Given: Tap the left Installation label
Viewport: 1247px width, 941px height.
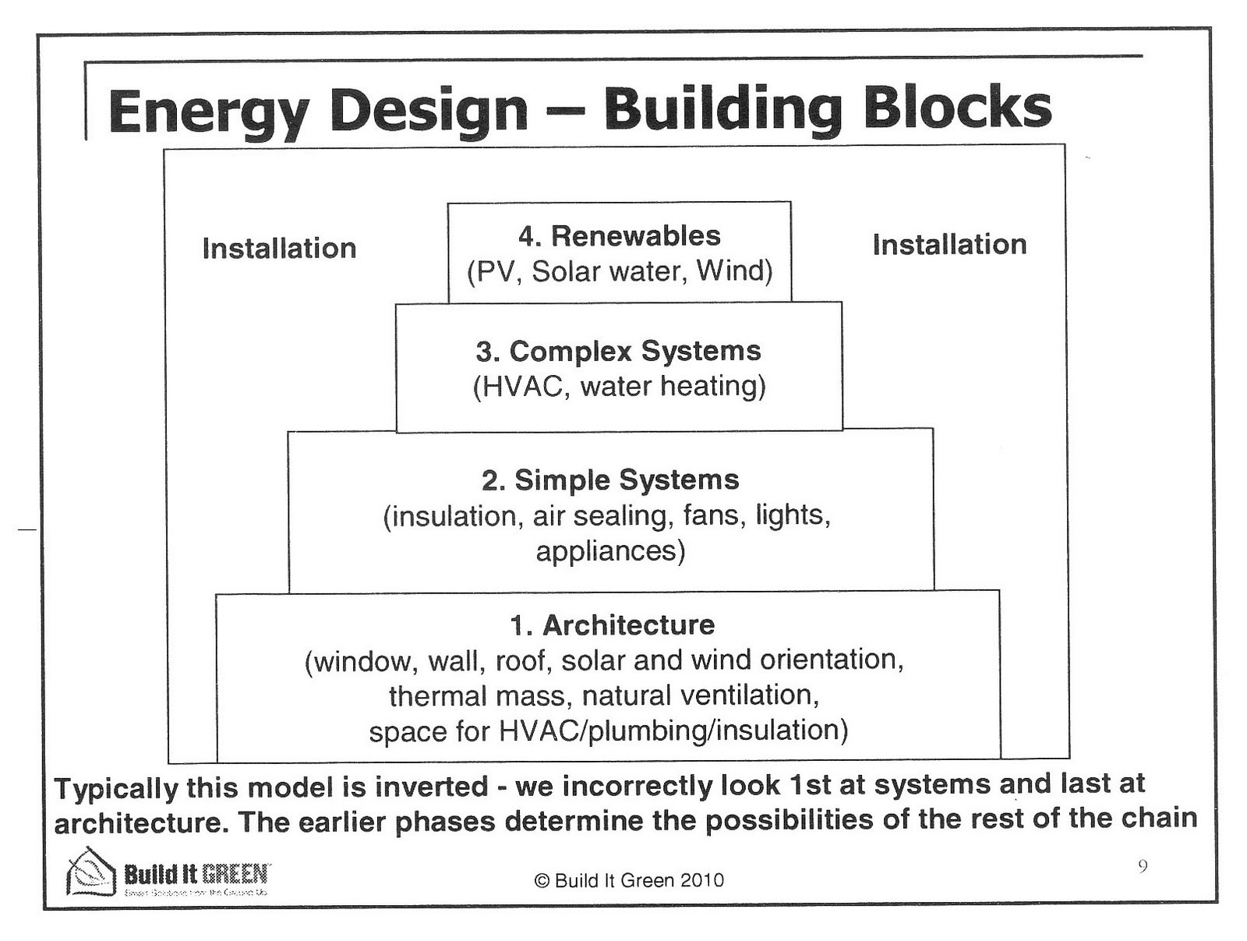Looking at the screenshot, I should [x=279, y=248].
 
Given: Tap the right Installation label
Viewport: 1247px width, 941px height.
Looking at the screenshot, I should [x=949, y=244].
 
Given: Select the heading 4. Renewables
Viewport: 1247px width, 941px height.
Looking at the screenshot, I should [x=620, y=235].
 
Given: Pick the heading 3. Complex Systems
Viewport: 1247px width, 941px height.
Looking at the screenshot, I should [x=619, y=351].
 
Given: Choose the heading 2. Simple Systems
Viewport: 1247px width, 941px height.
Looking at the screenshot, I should [x=610, y=479].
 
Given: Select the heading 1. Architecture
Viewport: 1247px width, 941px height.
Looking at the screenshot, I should [x=612, y=624].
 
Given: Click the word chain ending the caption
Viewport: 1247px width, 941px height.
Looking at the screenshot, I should [x=1159, y=818].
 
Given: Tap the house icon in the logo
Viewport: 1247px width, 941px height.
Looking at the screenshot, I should [x=92, y=872].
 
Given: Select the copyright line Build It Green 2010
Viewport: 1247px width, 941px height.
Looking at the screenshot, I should [x=629, y=880].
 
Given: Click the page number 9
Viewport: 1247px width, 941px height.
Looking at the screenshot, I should [x=1143, y=866].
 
